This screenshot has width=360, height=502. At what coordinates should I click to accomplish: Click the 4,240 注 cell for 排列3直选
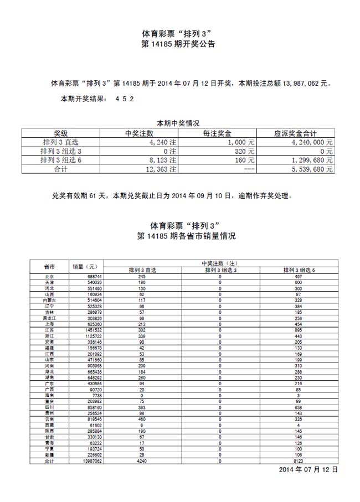click(163, 142)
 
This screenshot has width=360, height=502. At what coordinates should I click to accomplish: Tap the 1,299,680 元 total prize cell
click(312, 160)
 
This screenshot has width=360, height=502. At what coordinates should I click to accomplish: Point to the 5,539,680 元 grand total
click(312, 169)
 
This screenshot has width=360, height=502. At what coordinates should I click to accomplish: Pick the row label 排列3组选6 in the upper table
click(61, 160)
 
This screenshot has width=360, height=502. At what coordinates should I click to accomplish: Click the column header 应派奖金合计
click(296, 133)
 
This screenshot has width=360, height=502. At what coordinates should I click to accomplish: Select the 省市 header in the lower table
click(49, 266)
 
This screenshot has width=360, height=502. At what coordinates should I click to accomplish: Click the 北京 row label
click(49, 276)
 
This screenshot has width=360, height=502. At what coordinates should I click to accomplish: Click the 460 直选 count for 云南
click(142, 420)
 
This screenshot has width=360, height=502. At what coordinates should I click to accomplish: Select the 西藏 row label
click(49, 426)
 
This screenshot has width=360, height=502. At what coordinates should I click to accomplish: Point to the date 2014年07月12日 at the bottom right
click(308, 469)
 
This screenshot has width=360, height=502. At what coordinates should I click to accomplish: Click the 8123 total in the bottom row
click(298, 460)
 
